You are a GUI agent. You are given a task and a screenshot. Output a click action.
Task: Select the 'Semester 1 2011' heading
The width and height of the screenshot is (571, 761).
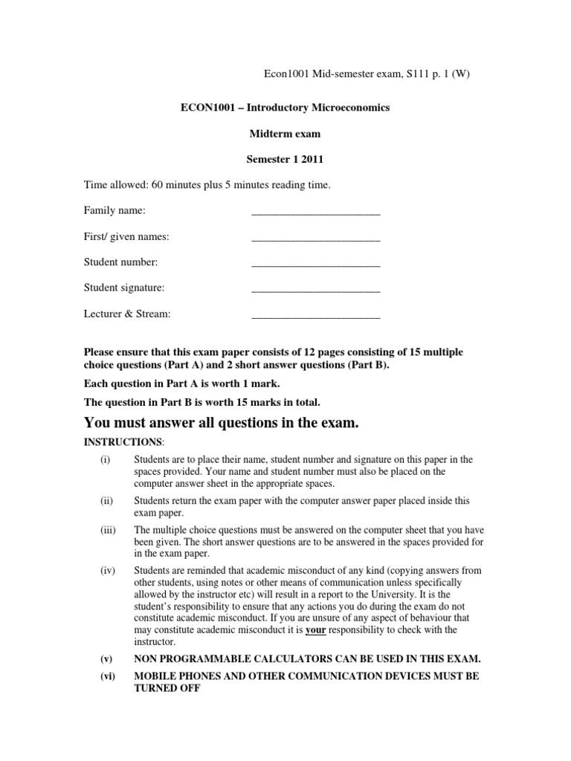(285, 159)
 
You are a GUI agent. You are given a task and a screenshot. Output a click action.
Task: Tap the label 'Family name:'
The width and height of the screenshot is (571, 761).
(114, 211)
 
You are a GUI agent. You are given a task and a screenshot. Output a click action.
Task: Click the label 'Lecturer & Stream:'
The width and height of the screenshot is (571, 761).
(127, 314)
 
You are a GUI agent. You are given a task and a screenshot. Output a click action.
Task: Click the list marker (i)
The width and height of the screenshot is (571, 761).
(105, 460)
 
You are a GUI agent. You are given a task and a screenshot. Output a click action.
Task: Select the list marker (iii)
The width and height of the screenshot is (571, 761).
(107, 531)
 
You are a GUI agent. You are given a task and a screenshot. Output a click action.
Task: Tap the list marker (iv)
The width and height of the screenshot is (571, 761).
(106, 571)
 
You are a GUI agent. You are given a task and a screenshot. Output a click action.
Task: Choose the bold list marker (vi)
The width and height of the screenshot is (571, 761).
(107, 678)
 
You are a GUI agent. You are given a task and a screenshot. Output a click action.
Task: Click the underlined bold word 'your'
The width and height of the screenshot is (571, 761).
(316, 630)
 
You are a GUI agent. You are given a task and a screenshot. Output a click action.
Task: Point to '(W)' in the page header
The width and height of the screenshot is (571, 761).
(461, 74)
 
